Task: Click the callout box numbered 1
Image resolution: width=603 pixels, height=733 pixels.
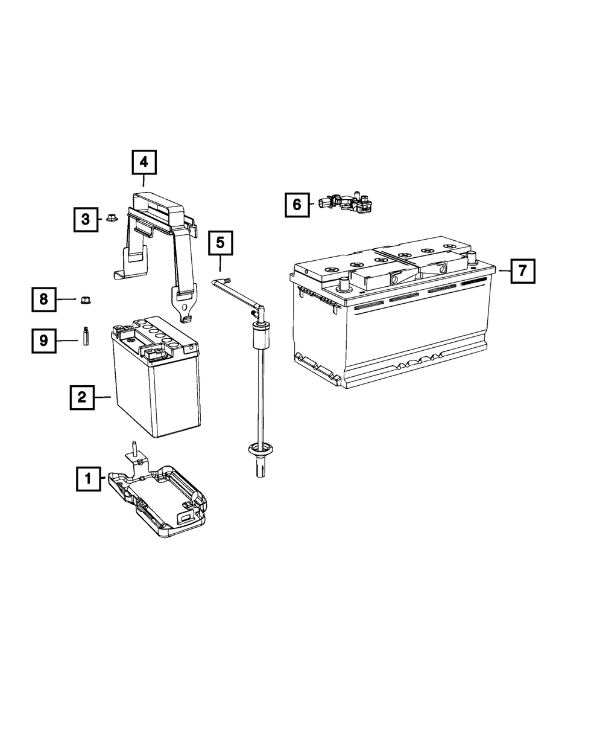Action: coord(89,478)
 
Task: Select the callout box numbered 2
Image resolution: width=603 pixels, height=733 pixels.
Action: coord(82,397)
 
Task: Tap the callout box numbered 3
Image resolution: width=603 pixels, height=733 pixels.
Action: coord(86,219)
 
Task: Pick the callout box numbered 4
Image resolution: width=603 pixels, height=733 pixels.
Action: coord(144,162)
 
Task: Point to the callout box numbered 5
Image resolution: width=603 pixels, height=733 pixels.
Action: coord(221,243)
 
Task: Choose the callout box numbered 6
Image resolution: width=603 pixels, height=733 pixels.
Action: coord(297,205)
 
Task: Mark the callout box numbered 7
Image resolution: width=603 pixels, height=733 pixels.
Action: coord(523,270)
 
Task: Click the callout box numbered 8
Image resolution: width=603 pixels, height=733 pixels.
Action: coord(44,299)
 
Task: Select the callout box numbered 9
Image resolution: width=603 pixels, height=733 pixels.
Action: coord(44,341)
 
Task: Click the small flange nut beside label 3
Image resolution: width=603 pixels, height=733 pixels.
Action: coord(112,217)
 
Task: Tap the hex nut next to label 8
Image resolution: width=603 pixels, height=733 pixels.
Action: coord(85,300)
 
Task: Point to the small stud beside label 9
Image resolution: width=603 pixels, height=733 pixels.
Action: coord(86,336)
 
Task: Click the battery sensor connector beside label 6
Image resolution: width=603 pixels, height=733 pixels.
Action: coord(346,203)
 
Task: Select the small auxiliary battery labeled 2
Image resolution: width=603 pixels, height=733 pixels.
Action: coord(156,376)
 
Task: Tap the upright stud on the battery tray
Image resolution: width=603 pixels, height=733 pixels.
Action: coord(134,449)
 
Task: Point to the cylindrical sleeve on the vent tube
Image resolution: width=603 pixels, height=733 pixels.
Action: coord(260,336)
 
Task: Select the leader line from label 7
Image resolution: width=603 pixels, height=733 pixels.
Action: coord(505,270)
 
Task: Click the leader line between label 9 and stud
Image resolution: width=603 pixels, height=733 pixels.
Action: coord(67,341)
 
